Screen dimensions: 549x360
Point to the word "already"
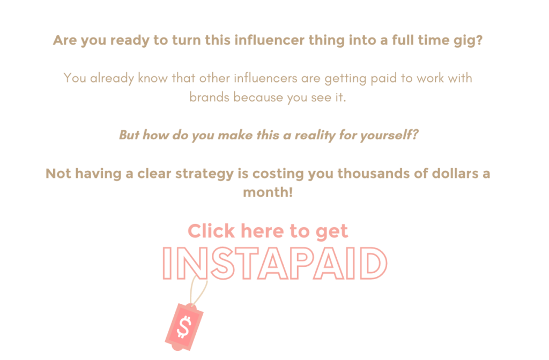tap(112, 79)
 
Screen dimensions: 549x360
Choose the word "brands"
tap(210, 97)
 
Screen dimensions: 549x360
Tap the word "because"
tap(257, 97)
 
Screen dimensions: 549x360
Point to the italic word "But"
tap(129, 135)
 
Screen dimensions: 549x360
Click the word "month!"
tap(268, 192)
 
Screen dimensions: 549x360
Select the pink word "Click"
tap(211, 231)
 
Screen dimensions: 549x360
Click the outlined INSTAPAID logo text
tap(275, 264)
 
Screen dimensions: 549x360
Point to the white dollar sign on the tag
tap(184, 327)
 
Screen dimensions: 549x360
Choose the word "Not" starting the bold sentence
tap(58, 174)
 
